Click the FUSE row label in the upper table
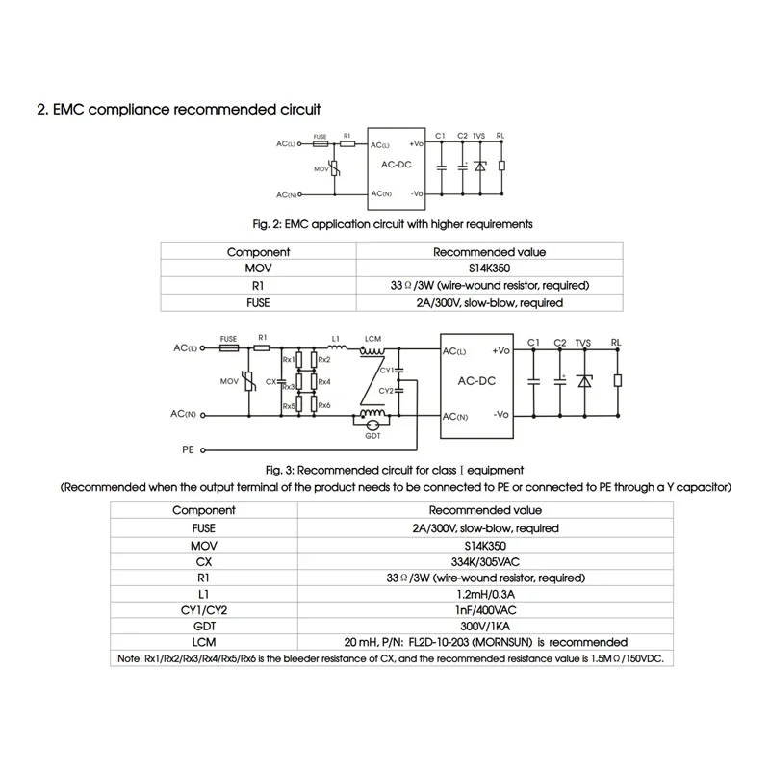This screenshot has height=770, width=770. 258,303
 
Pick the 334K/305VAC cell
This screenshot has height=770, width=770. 484,560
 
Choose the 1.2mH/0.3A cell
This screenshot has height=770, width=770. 484,593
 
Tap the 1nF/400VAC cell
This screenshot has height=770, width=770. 484,609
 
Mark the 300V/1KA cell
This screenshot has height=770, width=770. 484,626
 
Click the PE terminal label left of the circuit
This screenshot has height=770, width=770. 188,449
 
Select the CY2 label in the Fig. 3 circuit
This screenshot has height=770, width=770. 385,390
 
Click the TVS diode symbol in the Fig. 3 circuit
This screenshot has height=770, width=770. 582,380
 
